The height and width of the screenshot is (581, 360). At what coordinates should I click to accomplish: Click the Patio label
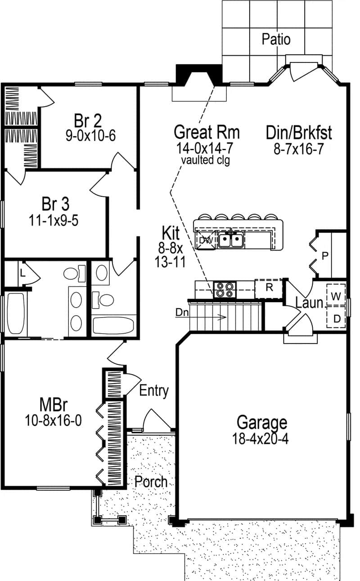276,40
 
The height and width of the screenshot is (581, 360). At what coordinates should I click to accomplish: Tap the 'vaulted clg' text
206,160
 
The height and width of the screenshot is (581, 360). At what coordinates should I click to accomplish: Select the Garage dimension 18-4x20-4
261,438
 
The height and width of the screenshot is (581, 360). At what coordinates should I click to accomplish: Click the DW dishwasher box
206,240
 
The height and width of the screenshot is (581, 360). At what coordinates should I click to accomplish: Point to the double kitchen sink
231,241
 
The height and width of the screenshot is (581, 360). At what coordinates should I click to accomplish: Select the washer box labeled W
336,296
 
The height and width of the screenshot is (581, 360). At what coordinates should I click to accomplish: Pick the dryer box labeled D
336,318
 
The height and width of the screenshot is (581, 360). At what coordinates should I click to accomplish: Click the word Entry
154,390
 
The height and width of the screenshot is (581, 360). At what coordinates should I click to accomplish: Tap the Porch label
151,482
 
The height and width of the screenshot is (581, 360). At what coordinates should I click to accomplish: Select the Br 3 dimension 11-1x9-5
55,220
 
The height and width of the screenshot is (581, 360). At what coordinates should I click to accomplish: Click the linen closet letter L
22,273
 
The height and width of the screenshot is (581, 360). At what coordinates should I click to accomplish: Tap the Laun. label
310,303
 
